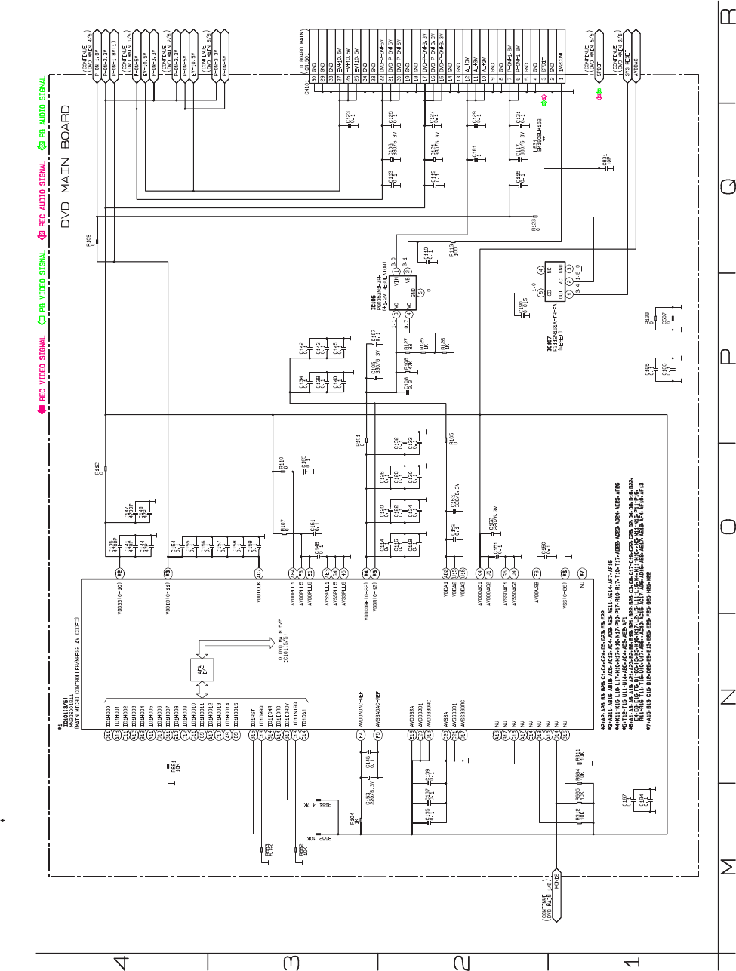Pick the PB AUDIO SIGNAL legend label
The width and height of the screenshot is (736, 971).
tap(42, 106)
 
